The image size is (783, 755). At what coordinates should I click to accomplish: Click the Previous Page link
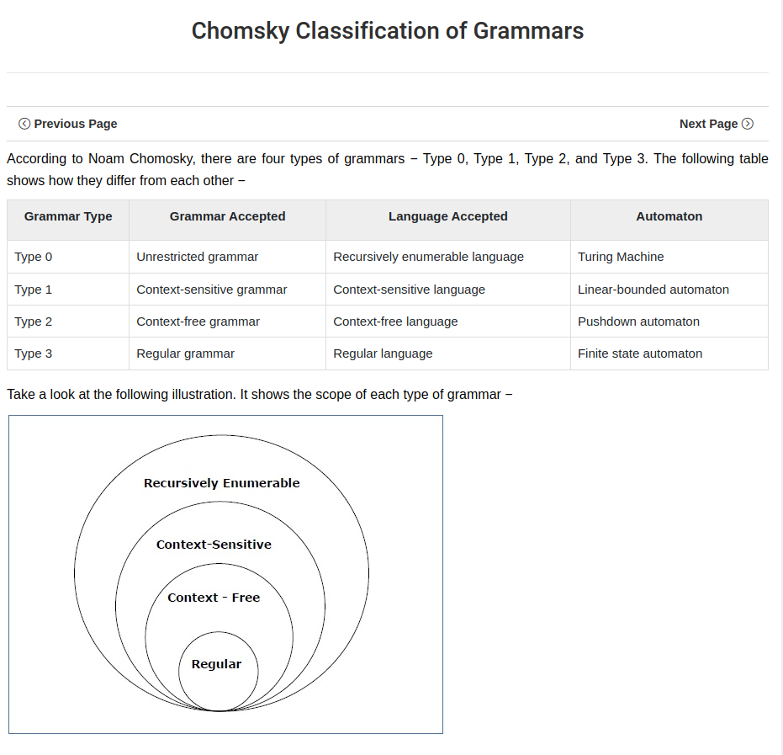click(68, 124)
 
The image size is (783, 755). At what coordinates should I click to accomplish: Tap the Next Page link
click(716, 124)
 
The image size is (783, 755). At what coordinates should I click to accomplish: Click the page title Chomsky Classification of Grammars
click(388, 31)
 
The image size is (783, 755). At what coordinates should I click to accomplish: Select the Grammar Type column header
click(68, 216)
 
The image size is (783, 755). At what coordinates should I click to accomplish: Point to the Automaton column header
click(669, 216)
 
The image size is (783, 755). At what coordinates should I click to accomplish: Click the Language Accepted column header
click(447, 216)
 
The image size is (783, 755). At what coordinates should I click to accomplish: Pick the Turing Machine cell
click(621, 257)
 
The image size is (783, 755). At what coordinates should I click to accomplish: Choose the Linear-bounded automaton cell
click(653, 290)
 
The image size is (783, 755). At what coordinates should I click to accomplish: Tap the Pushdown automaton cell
click(638, 322)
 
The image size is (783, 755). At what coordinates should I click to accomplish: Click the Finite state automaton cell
click(639, 354)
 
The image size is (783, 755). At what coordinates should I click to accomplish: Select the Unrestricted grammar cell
click(197, 257)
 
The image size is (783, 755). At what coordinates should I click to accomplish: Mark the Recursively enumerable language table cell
click(428, 257)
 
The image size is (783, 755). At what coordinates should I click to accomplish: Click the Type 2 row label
click(33, 322)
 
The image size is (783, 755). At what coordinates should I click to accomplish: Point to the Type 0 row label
click(33, 257)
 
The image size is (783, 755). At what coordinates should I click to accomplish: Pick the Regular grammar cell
click(185, 354)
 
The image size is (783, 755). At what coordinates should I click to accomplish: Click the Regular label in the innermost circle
click(216, 664)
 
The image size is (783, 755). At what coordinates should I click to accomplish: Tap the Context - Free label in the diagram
click(214, 598)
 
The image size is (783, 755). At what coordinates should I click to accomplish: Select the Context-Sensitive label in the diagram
click(214, 545)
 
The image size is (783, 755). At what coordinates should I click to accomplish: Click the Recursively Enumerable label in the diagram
click(221, 483)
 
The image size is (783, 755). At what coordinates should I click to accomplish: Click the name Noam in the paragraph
click(105, 159)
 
